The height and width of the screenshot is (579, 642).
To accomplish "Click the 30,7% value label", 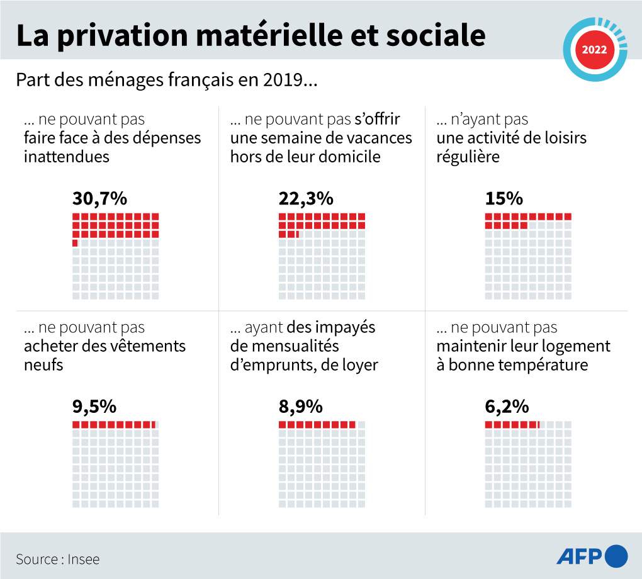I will [99, 199].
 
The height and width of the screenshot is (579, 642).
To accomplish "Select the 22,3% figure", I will [305, 199].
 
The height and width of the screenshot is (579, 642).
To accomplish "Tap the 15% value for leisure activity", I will [504, 199].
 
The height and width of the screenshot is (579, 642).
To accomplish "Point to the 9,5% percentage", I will [94, 407].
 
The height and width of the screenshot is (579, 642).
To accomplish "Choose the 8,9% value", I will [300, 407].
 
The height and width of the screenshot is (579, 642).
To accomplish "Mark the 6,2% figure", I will [507, 407].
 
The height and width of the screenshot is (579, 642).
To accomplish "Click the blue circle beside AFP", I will [616, 556].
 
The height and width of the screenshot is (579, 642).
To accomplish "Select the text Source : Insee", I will [57, 559].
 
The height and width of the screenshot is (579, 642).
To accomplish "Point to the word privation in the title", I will [121, 36].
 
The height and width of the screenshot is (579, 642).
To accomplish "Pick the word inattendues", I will [66, 157].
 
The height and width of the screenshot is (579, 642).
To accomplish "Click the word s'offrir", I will [378, 119].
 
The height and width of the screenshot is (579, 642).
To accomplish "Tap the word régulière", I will [468, 157].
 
